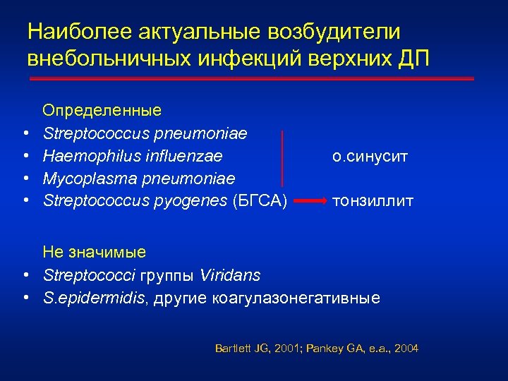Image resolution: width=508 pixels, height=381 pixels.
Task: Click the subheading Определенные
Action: point(102,110)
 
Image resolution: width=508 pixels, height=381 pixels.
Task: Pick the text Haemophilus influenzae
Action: point(133,155)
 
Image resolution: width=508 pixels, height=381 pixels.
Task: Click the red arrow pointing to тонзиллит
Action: point(308,202)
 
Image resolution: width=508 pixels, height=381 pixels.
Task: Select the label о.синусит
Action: point(369,156)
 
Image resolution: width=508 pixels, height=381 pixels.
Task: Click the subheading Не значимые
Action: point(94,252)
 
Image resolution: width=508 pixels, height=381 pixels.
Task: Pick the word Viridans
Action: point(230,274)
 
